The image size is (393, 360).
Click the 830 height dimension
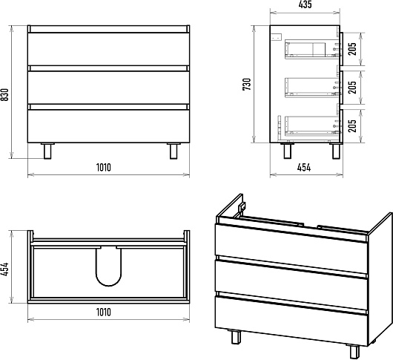pyautogui.click(x=5, y=94)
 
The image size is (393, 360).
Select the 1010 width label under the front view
pyautogui.click(x=104, y=167)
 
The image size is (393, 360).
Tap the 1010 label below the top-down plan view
pyautogui.click(x=104, y=312)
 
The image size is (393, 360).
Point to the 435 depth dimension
pyautogui.click(x=306, y=4)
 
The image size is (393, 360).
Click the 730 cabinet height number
pyautogui.click(x=247, y=85)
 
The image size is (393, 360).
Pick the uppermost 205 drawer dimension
pyautogui.click(x=352, y=49)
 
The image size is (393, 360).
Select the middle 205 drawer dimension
pyautogui.click(x=352, y=88)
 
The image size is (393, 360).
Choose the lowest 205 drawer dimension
pyautogui.click(x=352, y=125)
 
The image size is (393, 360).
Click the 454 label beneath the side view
pyautogui.click(x=304, y=167)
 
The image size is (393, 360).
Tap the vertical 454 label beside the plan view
pyautogui.click(x=5, y=269)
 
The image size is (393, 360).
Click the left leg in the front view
pyautogui.click(x=47, y=151)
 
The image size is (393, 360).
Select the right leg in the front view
pyautogui.click(x=174, y=151)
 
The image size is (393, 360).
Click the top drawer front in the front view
pyautogui.click(x=108, y=49)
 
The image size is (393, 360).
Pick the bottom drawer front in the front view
pyautogui.click(x=108, y=126)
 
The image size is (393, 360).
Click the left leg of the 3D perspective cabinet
pyautogui.click(x=236, y=336)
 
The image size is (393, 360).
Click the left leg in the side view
pyautogui.click(x=287, y=151)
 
